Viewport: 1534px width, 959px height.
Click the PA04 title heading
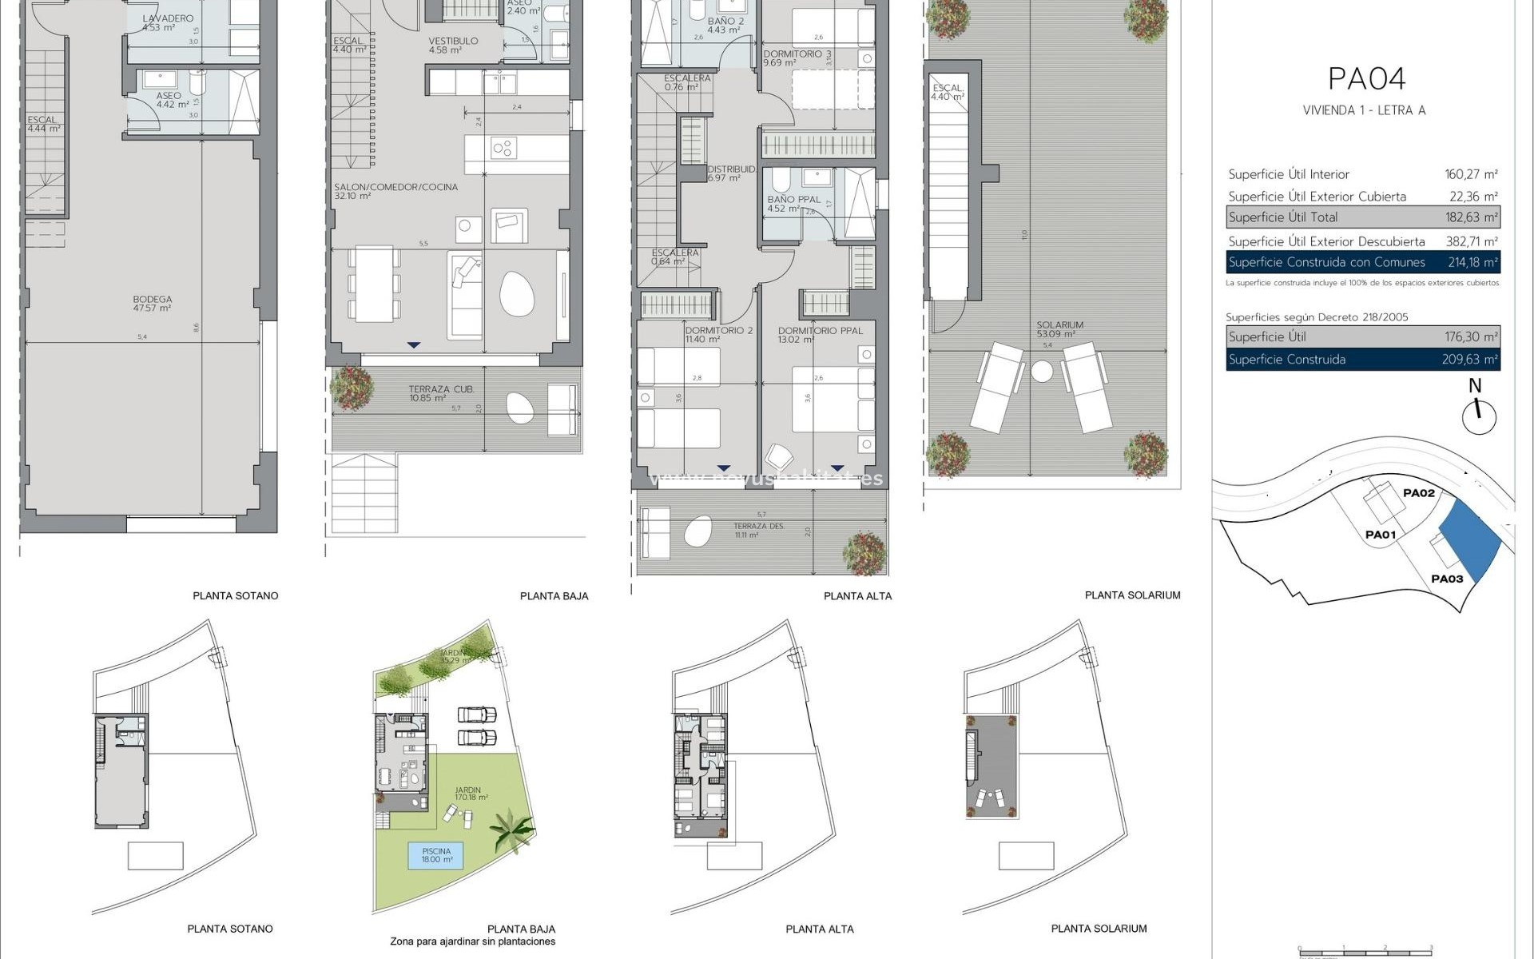point(1365,78)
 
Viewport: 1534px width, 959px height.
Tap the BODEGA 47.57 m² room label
point(152,304)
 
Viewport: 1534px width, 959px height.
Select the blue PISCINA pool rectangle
point(436,856)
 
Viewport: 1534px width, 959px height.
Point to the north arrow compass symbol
point(1478,416)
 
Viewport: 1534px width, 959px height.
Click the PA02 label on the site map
point(1418,493)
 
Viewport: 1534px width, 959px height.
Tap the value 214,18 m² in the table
point(1472,262)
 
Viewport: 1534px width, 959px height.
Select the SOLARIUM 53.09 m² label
point(1059,329)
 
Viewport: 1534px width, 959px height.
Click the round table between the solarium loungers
point(1042,371)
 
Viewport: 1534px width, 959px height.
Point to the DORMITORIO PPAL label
point(820,331)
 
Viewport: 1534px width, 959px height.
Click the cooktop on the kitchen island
point(503,148)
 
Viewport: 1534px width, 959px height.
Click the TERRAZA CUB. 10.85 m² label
point(441,393)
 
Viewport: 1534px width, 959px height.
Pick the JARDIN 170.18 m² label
point(468,794)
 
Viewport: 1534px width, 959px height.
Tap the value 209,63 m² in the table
point(1469,360)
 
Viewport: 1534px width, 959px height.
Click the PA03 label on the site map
point(1446,579)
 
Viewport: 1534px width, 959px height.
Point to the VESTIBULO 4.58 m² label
point(453,45)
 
